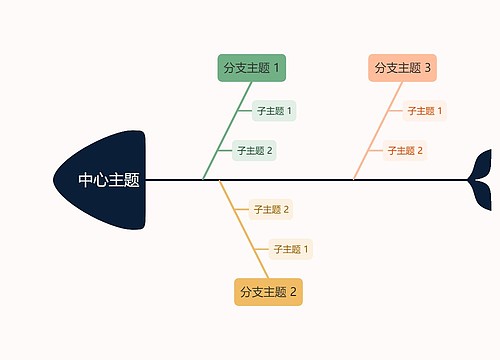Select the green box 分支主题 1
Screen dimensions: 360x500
click(251, 68)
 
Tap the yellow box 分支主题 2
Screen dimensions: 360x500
click(268, 292)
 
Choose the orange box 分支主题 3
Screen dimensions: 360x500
click(402, 68)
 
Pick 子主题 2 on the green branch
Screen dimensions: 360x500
click(254, 151)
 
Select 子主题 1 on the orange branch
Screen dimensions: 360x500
click(424, 111)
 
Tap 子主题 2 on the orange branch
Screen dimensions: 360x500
click(404, 151)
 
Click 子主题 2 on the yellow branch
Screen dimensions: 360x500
click(271, 210)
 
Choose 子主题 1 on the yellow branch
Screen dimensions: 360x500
click(291, 249)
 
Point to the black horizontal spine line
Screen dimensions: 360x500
click(300, 180)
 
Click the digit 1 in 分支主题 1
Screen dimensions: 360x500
click(277, 68)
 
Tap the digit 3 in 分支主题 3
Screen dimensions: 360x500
click(428, 68)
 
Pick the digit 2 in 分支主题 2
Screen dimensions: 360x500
click(294, 292)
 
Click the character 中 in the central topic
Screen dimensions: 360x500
click(87, 181)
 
